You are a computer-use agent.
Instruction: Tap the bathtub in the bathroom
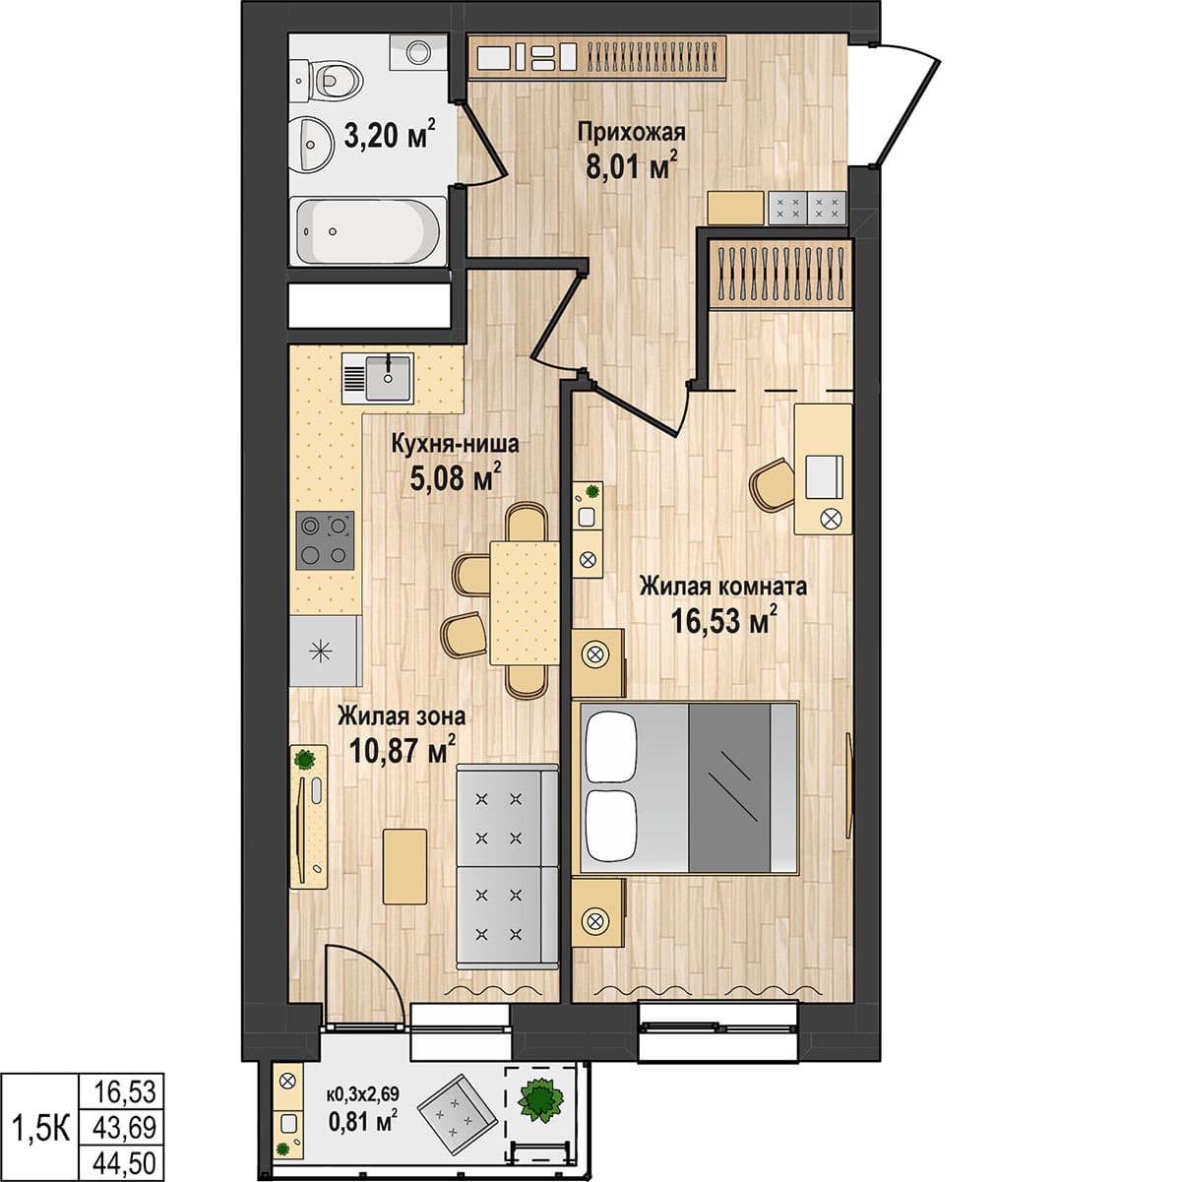point(368,231)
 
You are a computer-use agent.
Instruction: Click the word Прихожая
point(631,133)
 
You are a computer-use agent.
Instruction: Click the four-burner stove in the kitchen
point(325,539)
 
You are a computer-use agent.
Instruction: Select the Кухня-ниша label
point(456,444)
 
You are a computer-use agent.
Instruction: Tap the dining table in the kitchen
point(524,602)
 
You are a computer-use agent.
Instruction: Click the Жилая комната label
point(723,587)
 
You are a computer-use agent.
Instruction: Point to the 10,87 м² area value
point(404,750)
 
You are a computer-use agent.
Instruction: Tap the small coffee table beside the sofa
point(404,866)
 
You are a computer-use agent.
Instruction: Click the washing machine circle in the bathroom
point(418,51)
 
